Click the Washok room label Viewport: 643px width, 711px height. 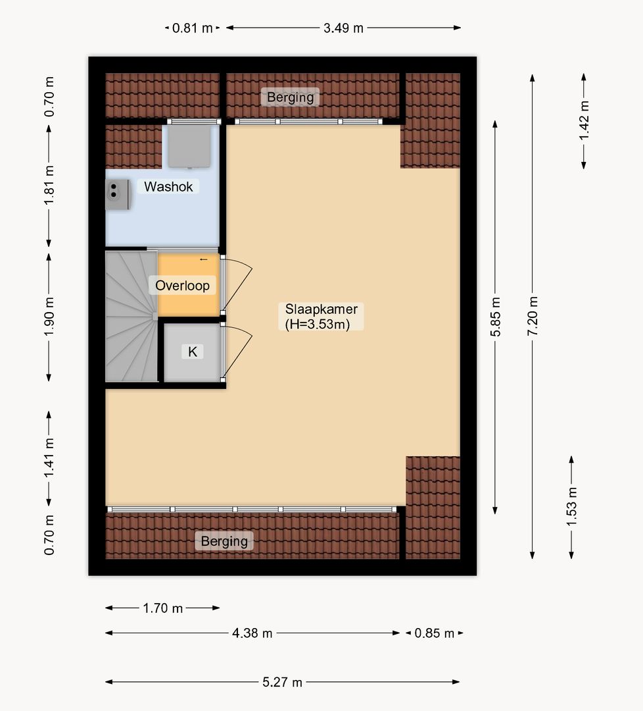pos(168,186)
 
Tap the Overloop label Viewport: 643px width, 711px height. pos(183,286)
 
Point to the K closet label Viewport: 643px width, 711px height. pos(193,352)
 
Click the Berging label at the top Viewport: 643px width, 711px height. pos(290,97)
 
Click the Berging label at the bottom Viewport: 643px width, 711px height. pos(224,541)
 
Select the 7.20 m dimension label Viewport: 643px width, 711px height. pos(533,316)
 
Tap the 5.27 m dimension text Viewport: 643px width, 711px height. pos(282,682)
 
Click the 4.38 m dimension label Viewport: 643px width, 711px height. pos(252,633)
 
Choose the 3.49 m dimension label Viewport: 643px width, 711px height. pos(343,28)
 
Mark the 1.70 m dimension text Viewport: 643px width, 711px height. pos(162,608)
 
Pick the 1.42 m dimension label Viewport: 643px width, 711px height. pos(584,120)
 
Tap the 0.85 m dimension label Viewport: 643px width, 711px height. pos(434,633)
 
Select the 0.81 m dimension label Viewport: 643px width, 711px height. pos(192,28)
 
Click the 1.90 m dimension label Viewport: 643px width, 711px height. pos(49,317)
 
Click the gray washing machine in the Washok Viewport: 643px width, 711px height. pos(189,146)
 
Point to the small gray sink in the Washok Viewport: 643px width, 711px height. pos(118,194)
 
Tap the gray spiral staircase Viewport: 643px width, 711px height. pos(131,316)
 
